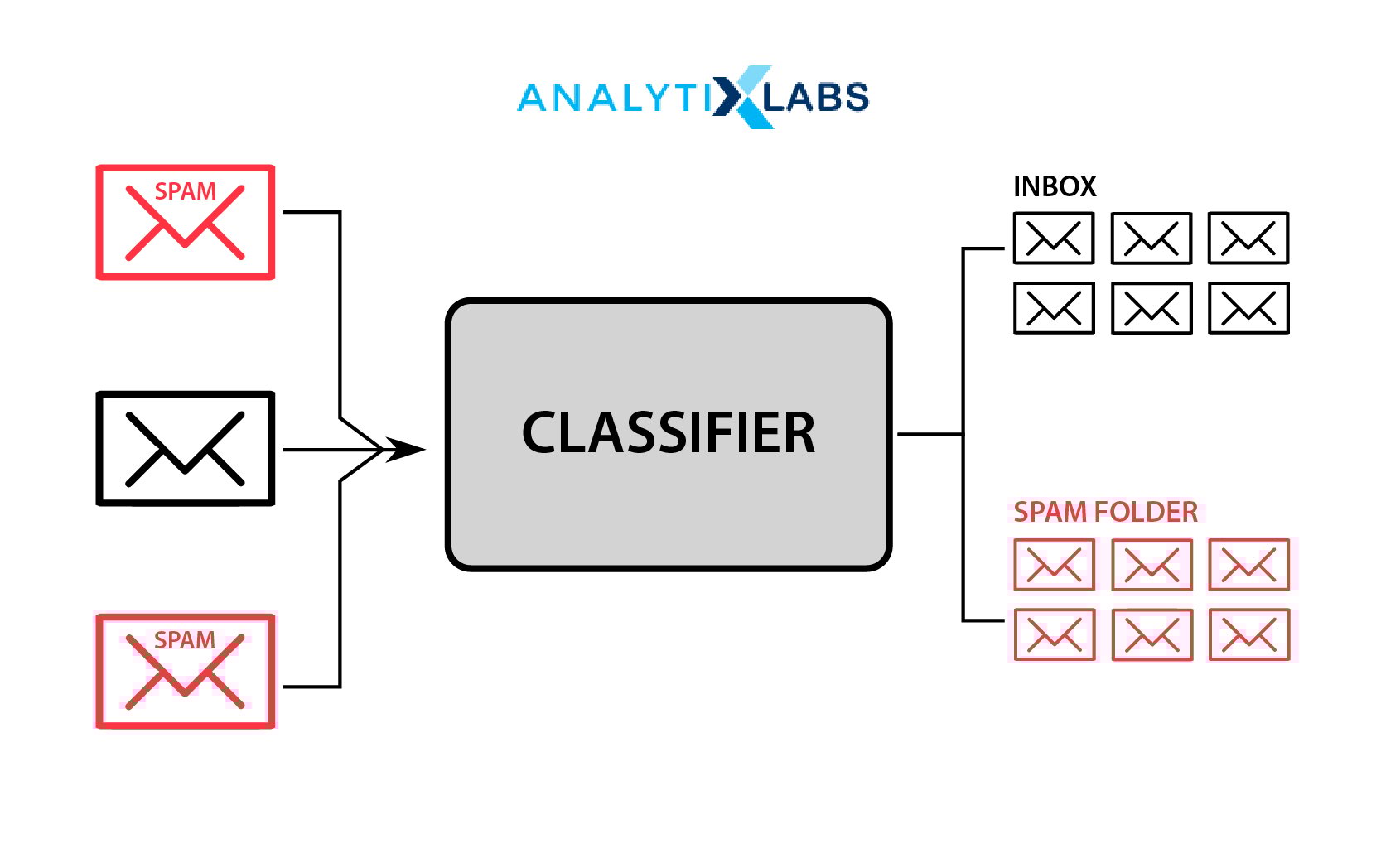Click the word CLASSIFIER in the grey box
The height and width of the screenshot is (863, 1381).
tap(668, 432)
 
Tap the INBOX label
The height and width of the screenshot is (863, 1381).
tap(1054, 186)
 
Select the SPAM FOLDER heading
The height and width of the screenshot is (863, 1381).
tap(1105, 512)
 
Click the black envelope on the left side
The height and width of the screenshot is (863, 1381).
tap(185, 448)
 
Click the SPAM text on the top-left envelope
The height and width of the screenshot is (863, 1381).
tap(185, 191)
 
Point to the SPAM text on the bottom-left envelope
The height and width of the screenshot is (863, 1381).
tap(185, 640)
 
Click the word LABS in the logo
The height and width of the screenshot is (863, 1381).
tap(816, 98)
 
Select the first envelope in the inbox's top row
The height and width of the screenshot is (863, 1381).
tap(1054, 239)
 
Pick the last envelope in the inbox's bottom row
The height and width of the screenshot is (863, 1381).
tap(1248, 308)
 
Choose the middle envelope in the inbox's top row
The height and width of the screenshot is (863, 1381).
tap(1151, 239)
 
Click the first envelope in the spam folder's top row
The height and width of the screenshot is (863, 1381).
tap(1054, 565)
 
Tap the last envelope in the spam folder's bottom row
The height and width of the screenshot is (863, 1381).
tap(1248, 634)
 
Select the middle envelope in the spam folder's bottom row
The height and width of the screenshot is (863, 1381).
tap(1151, 634)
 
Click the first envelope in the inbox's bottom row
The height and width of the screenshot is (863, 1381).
tap(1054, 308)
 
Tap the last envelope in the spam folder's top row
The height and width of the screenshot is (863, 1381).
tap(1248, 565)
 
